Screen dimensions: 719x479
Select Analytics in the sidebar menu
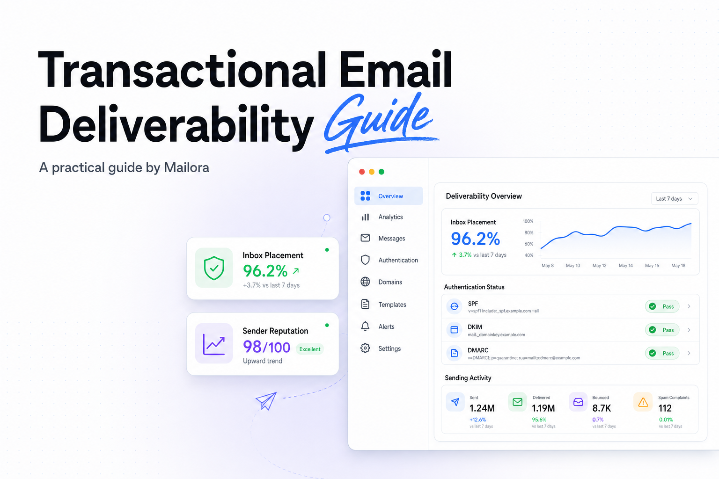[390, 217]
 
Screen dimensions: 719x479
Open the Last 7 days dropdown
[675, 199]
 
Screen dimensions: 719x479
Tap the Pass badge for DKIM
[662, 330]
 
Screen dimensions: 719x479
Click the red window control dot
[362, 172]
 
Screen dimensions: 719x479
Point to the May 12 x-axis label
[599, 266]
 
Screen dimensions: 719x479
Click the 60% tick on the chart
[528, 244]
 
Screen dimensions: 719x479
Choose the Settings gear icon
[365, 348]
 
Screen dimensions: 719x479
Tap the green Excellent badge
[310, 349]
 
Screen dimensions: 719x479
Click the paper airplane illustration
[266, 400]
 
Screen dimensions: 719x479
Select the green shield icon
[214, 268]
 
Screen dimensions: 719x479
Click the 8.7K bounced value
[602, 408]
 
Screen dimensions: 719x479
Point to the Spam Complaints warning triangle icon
[643, 402]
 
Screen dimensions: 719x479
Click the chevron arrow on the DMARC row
[689, 353]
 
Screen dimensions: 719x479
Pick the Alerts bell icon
[365, 327]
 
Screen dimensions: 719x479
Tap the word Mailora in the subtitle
[186, 167]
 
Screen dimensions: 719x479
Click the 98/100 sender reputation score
[266, 347]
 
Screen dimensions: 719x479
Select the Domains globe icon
[365, 282]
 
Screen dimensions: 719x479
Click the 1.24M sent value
[482, 408]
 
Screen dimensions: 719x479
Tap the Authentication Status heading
[474, 287]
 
